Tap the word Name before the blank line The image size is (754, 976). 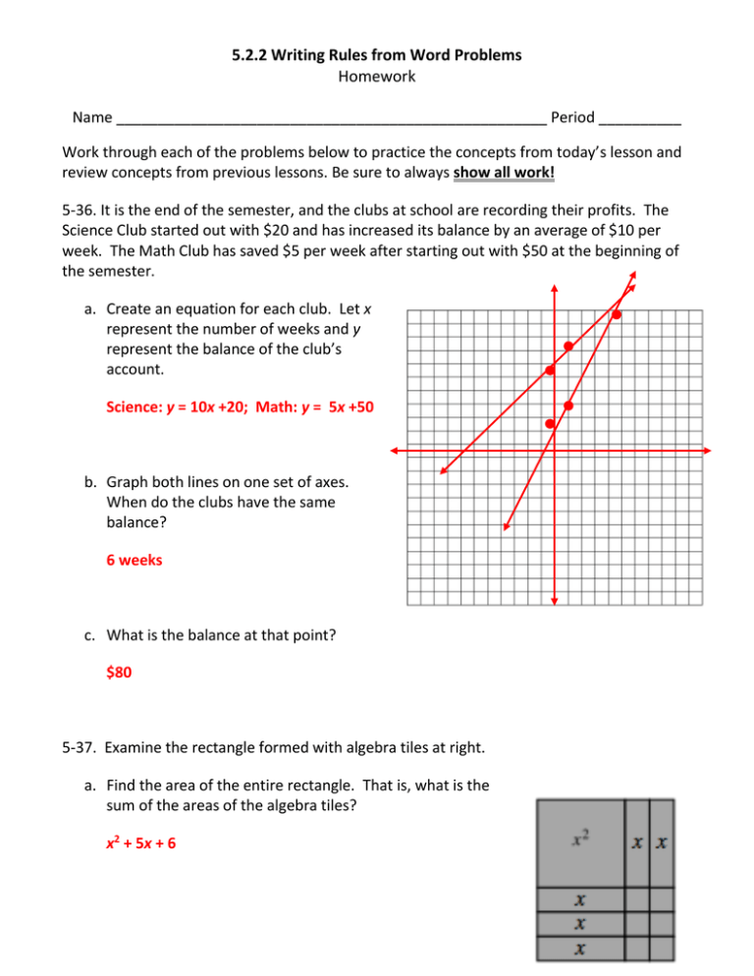coord(91,118)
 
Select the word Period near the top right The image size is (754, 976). coord(572,118)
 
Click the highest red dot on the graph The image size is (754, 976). coord(617,314)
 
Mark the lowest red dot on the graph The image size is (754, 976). coord(550,424)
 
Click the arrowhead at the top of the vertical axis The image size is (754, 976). coord(554,290)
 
